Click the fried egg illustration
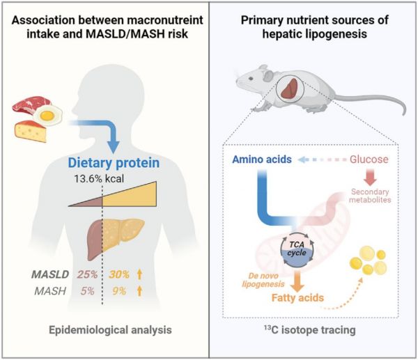[48, 115]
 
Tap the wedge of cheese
[31, 131]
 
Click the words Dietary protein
[114, 163]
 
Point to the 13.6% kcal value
[99, 178]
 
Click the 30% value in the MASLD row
[119, 274]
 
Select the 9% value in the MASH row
[119, 291]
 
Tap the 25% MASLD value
[88, 274]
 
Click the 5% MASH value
[88, 291]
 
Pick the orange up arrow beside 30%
[139, 274]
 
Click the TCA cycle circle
[297, 249]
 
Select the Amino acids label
[262, 159]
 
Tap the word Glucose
[369, 159]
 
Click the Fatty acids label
[297, 297]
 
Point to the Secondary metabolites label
[370, 196]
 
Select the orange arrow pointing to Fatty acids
[297, 281]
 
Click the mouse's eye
[251, 79]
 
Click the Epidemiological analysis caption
[110, 330]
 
